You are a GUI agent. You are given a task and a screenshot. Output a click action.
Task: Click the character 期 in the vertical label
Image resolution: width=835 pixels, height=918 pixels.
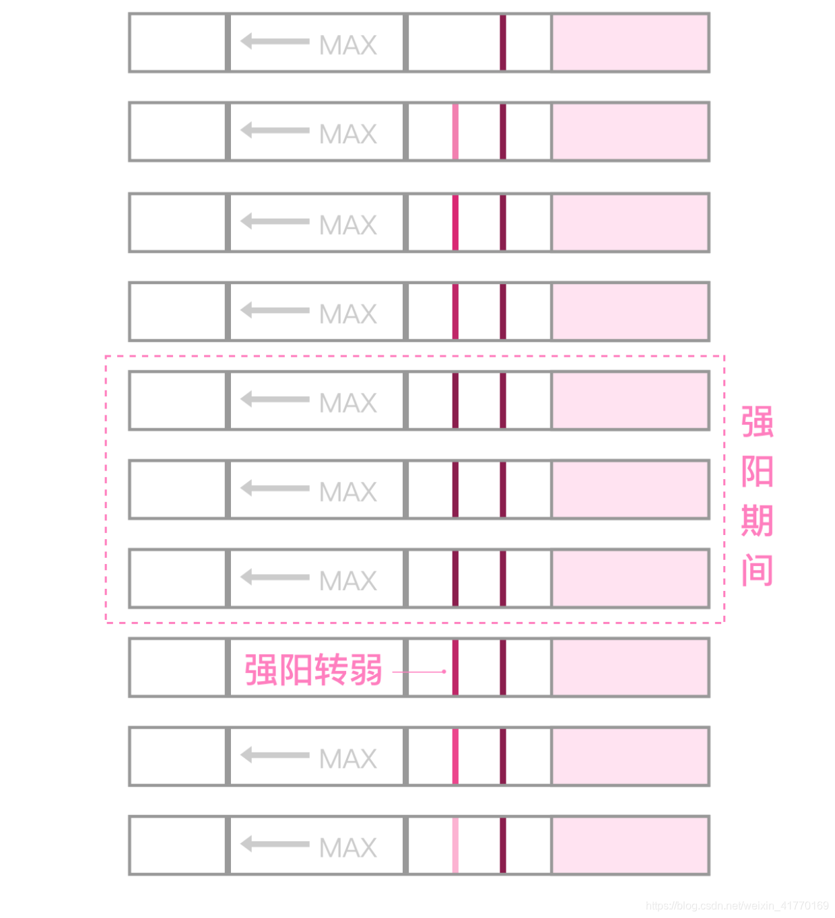[757, 521]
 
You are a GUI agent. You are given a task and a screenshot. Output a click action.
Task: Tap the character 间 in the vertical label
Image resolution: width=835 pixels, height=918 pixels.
[757, 571]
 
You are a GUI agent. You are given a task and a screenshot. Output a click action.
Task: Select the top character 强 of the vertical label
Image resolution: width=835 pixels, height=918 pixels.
[757, 422]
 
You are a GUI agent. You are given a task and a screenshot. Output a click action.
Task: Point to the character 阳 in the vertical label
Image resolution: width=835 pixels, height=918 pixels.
[757, 471]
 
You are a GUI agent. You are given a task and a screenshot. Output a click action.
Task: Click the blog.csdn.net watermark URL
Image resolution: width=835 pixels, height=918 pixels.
[737, 906]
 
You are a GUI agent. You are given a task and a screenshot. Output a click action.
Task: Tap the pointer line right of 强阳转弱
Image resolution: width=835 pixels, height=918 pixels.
[419, 672]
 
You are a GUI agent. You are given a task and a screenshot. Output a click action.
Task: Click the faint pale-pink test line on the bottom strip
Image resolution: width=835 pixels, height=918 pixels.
[455, 845]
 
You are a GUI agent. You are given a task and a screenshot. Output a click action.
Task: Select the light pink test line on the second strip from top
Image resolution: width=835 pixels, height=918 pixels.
[455, 132]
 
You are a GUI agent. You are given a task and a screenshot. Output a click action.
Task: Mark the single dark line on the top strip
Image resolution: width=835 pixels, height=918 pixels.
[503, 42]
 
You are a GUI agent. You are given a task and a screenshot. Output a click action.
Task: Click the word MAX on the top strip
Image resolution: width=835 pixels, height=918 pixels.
[347, 45]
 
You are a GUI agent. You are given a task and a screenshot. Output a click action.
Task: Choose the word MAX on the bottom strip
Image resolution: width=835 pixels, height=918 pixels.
[347, 847]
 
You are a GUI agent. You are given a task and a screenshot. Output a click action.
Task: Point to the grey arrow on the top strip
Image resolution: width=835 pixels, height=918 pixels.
[274, 41]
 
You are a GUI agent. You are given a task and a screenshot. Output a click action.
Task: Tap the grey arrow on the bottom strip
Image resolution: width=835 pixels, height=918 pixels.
[274, 843]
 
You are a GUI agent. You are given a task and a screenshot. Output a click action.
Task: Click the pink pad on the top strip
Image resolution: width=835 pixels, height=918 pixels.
[630, 42]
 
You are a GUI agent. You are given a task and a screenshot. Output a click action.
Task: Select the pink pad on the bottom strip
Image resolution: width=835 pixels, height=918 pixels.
[630, 845]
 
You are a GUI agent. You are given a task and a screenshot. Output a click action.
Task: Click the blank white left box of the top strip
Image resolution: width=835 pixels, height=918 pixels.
[178, 42]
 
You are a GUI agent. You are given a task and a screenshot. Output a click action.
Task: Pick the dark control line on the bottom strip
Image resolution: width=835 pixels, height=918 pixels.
[503, 845]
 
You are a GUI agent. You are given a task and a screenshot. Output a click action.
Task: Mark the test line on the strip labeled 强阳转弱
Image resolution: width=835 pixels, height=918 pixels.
[455, 668]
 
